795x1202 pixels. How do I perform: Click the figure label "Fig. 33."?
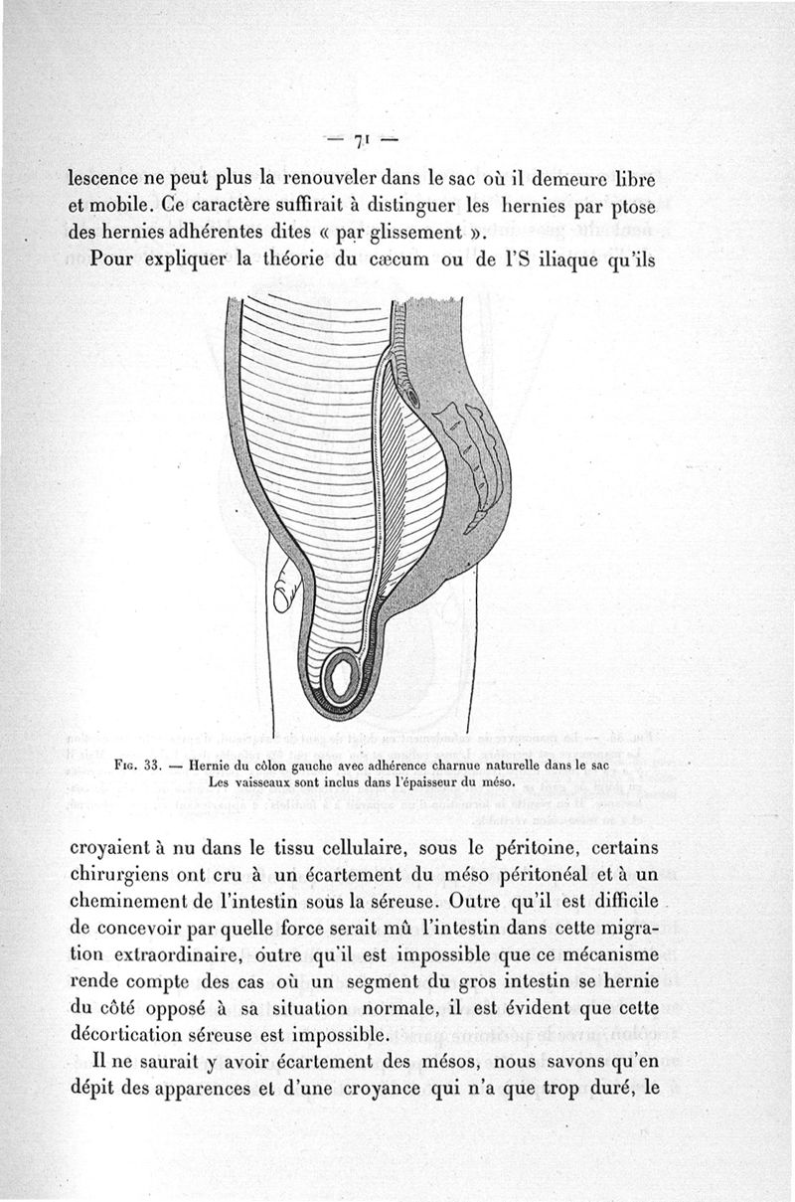[x=137, y=766]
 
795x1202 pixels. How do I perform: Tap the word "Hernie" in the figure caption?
[x=211, y=766]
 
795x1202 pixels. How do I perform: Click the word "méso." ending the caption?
[x=495, y=781]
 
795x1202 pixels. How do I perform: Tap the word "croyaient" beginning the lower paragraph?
[x=111, y=851]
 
